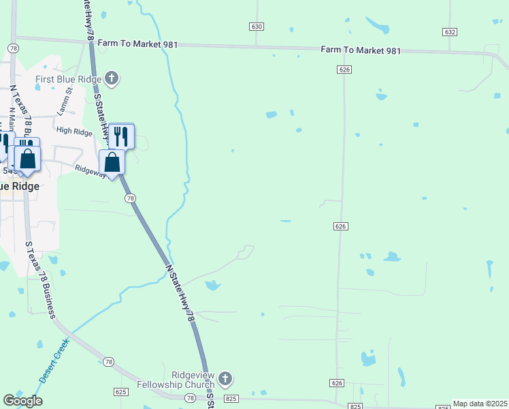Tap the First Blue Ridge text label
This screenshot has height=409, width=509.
point(69,79)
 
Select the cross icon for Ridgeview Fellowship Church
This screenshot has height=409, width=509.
point(226,378)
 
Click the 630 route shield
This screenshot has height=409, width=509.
point(256,26)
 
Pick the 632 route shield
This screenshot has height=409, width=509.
point(449,32)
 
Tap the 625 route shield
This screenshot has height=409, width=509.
point(121,392)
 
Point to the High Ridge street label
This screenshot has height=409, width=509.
point(74,130)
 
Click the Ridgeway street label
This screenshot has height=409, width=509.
point(90,170)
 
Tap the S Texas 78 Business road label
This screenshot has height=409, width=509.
point(40,279)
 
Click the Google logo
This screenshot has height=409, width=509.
point(22,401)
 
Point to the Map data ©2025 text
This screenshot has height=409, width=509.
point(480,404)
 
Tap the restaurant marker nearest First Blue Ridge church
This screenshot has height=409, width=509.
point(121,136)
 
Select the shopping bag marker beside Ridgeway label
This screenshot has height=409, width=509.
point(112,163)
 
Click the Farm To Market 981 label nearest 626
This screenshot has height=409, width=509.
point(361,51)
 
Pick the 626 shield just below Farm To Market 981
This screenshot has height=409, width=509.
point(344,70)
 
